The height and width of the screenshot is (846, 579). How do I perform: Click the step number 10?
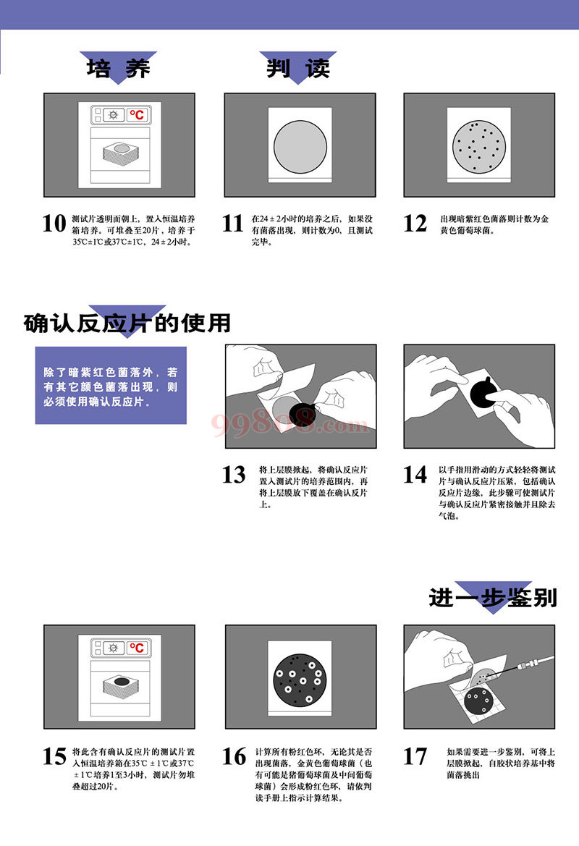54,224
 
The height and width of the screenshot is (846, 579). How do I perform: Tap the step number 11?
233,224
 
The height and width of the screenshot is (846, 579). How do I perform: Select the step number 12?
415,224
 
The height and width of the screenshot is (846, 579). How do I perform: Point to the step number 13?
234,475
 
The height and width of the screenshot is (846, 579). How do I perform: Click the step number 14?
415,475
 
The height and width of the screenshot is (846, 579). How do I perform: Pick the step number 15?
54,756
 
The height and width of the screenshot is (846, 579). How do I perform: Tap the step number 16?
234,756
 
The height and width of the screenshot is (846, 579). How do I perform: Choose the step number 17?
415,756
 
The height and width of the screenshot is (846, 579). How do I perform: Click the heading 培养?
118,69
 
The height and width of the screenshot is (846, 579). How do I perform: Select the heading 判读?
298,69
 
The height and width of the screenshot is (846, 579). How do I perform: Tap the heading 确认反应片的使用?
127,323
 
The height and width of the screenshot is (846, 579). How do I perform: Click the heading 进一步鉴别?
493,598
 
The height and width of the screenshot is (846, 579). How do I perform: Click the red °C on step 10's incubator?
137,114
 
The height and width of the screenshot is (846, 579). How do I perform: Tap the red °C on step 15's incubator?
137,648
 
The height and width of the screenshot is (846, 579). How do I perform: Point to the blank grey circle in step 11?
300,146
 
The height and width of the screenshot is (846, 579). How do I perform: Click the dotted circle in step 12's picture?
479,146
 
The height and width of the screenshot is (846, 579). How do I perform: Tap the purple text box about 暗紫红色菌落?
111,386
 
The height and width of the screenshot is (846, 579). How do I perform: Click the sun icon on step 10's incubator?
113,115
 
